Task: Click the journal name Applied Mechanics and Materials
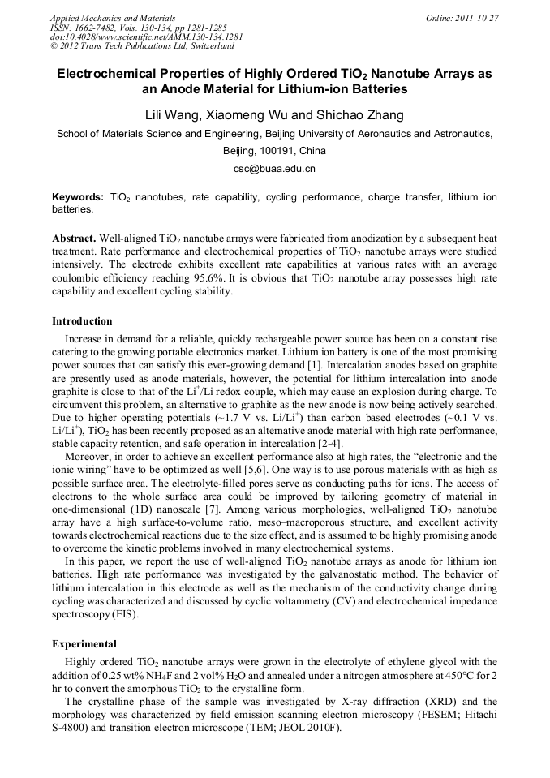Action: (112, 18)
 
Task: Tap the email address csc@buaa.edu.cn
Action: (274, 169)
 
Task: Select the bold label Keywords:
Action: (78, 197)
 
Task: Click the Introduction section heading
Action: (82, 321)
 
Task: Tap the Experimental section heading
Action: (84, 643)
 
